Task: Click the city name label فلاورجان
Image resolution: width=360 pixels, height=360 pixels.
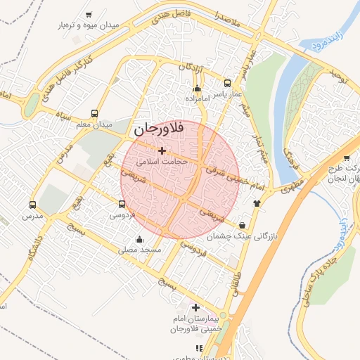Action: [157, 129]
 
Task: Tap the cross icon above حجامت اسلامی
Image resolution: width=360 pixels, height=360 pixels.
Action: [162, 150]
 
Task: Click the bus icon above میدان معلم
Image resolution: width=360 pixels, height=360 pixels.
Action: [95, 113]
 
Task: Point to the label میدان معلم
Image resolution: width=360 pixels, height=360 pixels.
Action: [94, 124]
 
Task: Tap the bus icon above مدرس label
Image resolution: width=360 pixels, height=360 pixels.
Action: [32, 205]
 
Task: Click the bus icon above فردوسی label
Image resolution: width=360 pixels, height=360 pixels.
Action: [122, 205]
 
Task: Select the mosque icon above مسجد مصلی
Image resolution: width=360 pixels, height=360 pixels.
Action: [148, 239]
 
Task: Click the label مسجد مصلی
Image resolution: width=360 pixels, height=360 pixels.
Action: [140, 250]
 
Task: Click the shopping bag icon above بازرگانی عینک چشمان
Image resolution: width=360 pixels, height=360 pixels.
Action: [243, 224]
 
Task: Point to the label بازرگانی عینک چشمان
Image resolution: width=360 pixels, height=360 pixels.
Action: [243, 237]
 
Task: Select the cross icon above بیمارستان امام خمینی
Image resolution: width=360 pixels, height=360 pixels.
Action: [195, 307]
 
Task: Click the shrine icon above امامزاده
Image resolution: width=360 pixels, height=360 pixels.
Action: [197, 89]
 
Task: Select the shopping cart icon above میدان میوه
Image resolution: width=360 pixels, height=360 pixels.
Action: [88, 14]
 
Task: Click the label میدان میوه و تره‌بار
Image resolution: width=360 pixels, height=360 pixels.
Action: [91, 25]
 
